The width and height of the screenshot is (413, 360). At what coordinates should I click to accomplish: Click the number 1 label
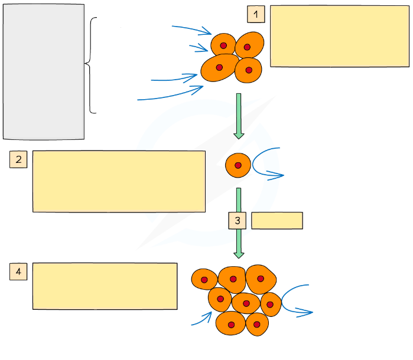click(x=256, y=14)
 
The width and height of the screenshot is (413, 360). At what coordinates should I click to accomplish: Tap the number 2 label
click(x=18, y=159)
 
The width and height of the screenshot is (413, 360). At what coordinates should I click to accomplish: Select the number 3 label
click(x=237, y=221)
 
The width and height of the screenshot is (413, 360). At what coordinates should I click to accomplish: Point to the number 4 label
click(x=18, y=271)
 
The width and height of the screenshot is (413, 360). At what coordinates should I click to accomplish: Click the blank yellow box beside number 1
click(x=339, y=36)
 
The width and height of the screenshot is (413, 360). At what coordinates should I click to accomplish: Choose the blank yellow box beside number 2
click(x=119, y=181)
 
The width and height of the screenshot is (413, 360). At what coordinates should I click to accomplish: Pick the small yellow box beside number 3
click(x=277, y=220)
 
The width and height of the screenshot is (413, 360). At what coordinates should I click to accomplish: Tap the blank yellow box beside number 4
click(x=105, y=286)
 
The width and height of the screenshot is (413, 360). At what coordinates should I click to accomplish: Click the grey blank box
click(x=44, y=71)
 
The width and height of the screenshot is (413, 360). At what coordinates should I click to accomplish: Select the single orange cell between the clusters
click(x=238, y=166)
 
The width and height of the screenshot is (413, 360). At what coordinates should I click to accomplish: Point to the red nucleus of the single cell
click(x=238, y=166)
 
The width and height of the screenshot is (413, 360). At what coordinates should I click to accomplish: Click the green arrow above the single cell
click(x=239, y=115)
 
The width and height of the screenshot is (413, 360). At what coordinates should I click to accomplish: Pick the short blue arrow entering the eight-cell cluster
click(x=202, y=319)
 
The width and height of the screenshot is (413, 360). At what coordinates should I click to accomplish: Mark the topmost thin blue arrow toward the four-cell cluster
click(x=192, y=29)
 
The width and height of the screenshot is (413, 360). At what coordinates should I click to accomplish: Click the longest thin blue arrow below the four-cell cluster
click(x=171, y=94)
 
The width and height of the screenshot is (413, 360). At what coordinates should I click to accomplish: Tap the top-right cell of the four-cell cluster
click(x=249, y=44)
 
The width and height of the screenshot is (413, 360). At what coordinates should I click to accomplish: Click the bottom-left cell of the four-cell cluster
click(x=219, y=68)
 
